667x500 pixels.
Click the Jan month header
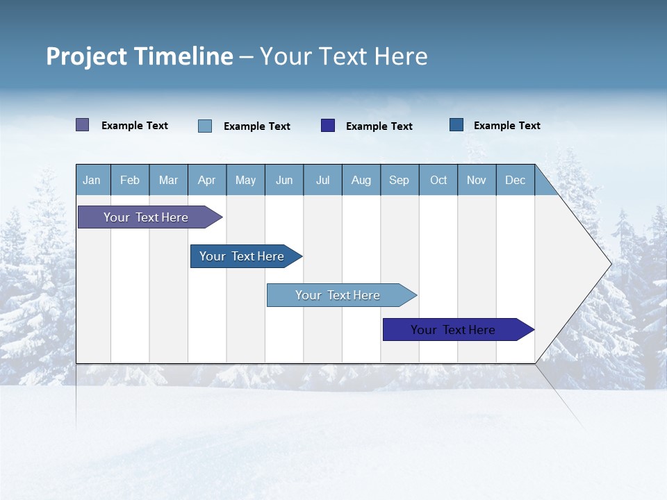[92, 180]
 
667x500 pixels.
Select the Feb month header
[130, 180]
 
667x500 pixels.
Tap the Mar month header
[168, 180]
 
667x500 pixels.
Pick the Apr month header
[207, 180]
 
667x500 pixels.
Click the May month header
[245, 180]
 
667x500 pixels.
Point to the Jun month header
[284, 180]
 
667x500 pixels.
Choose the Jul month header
[322, 180]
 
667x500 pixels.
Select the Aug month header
[361, 180]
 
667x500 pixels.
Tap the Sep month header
[400, 180]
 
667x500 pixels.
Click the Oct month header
[438, 180]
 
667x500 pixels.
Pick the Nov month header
[477, 180]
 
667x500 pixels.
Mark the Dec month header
[516, 180]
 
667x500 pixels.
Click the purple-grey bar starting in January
[146, 217]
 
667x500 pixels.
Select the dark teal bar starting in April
[242, 256]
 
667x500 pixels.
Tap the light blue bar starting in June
[338, 295]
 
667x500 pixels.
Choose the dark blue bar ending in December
[453, 330]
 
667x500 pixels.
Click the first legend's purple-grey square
[83, 125]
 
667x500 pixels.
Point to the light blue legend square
[205, 126]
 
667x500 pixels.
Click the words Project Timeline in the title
[140, 56]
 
